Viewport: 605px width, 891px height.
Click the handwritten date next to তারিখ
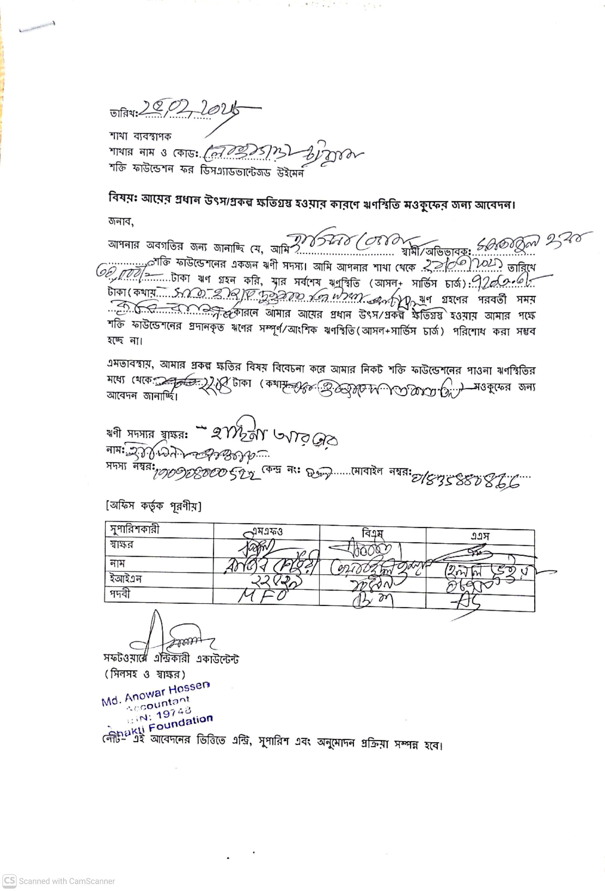[x=192, y=109]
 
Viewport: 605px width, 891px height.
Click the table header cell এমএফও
[x=267, y=531]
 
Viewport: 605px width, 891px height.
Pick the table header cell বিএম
[x=372, y=533]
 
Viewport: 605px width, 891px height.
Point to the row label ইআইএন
[x=126, y=578]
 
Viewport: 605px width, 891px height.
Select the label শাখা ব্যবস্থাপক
[x=140, y=136]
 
